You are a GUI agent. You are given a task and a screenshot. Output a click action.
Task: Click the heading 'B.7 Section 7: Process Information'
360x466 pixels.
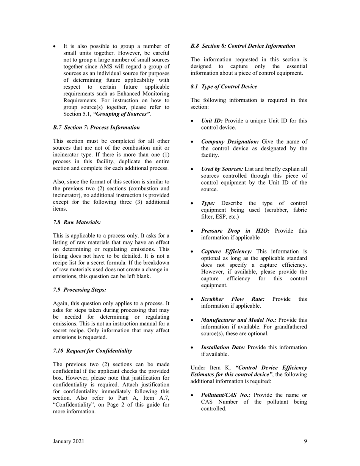click(x=96, y=128)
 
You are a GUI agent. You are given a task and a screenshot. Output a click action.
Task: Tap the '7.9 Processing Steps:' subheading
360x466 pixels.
click(x=80, y=290)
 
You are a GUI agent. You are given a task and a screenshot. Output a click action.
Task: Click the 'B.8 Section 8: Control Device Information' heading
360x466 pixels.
click(x=243, y=46)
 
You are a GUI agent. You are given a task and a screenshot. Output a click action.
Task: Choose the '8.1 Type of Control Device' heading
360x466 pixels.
click(x=224, y=87)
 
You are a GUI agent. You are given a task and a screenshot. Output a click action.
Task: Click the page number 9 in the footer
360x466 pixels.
click(x=305, y=441)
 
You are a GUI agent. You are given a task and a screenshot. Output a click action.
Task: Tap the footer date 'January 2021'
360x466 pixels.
click(x=69, y=441)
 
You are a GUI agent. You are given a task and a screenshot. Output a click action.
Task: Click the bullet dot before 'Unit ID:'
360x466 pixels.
click(x=193, y=121)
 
